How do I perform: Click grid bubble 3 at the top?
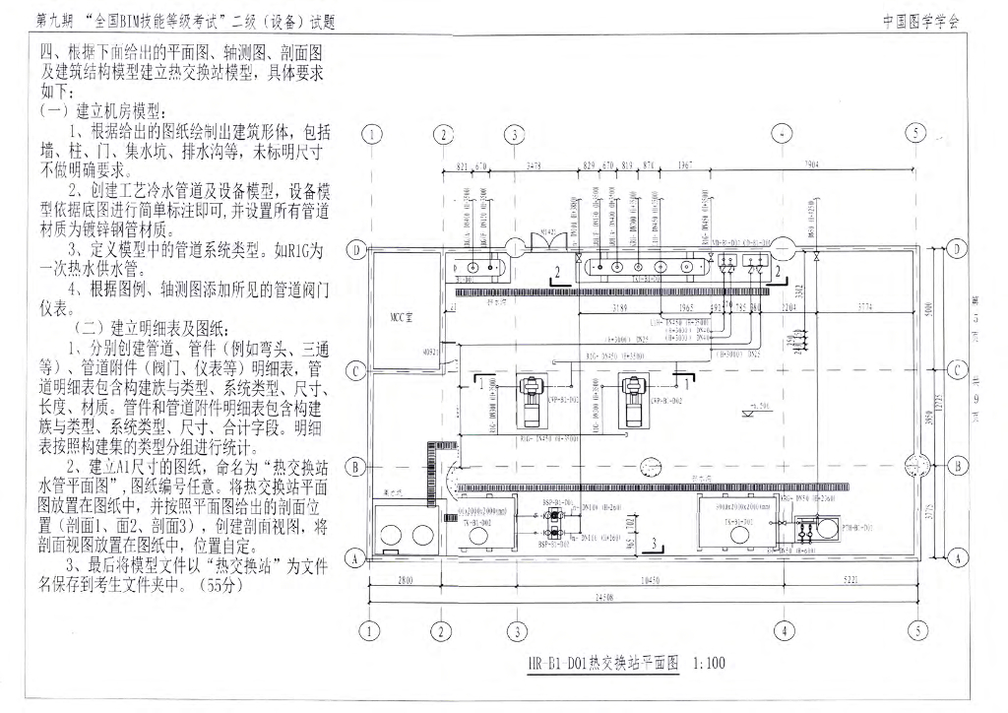pyautogui.click(x=514, y=135)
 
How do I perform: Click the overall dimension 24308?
pyautogui.click(x=645, y=598)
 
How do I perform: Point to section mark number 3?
pyautogui.click(x=653, y=542)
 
